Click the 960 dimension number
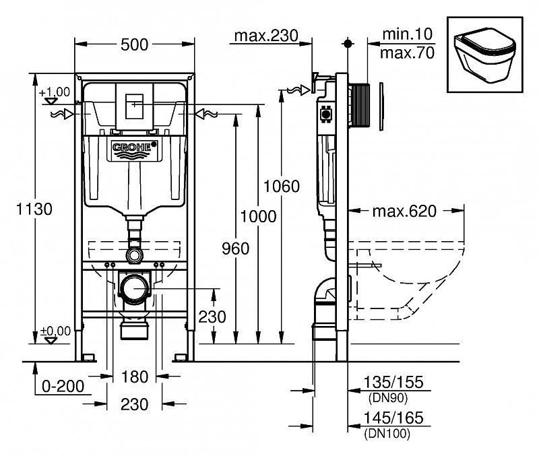234,249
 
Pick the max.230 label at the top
265,36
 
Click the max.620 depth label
404,211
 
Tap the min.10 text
406,33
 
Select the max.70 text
407,52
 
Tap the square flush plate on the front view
135,104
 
